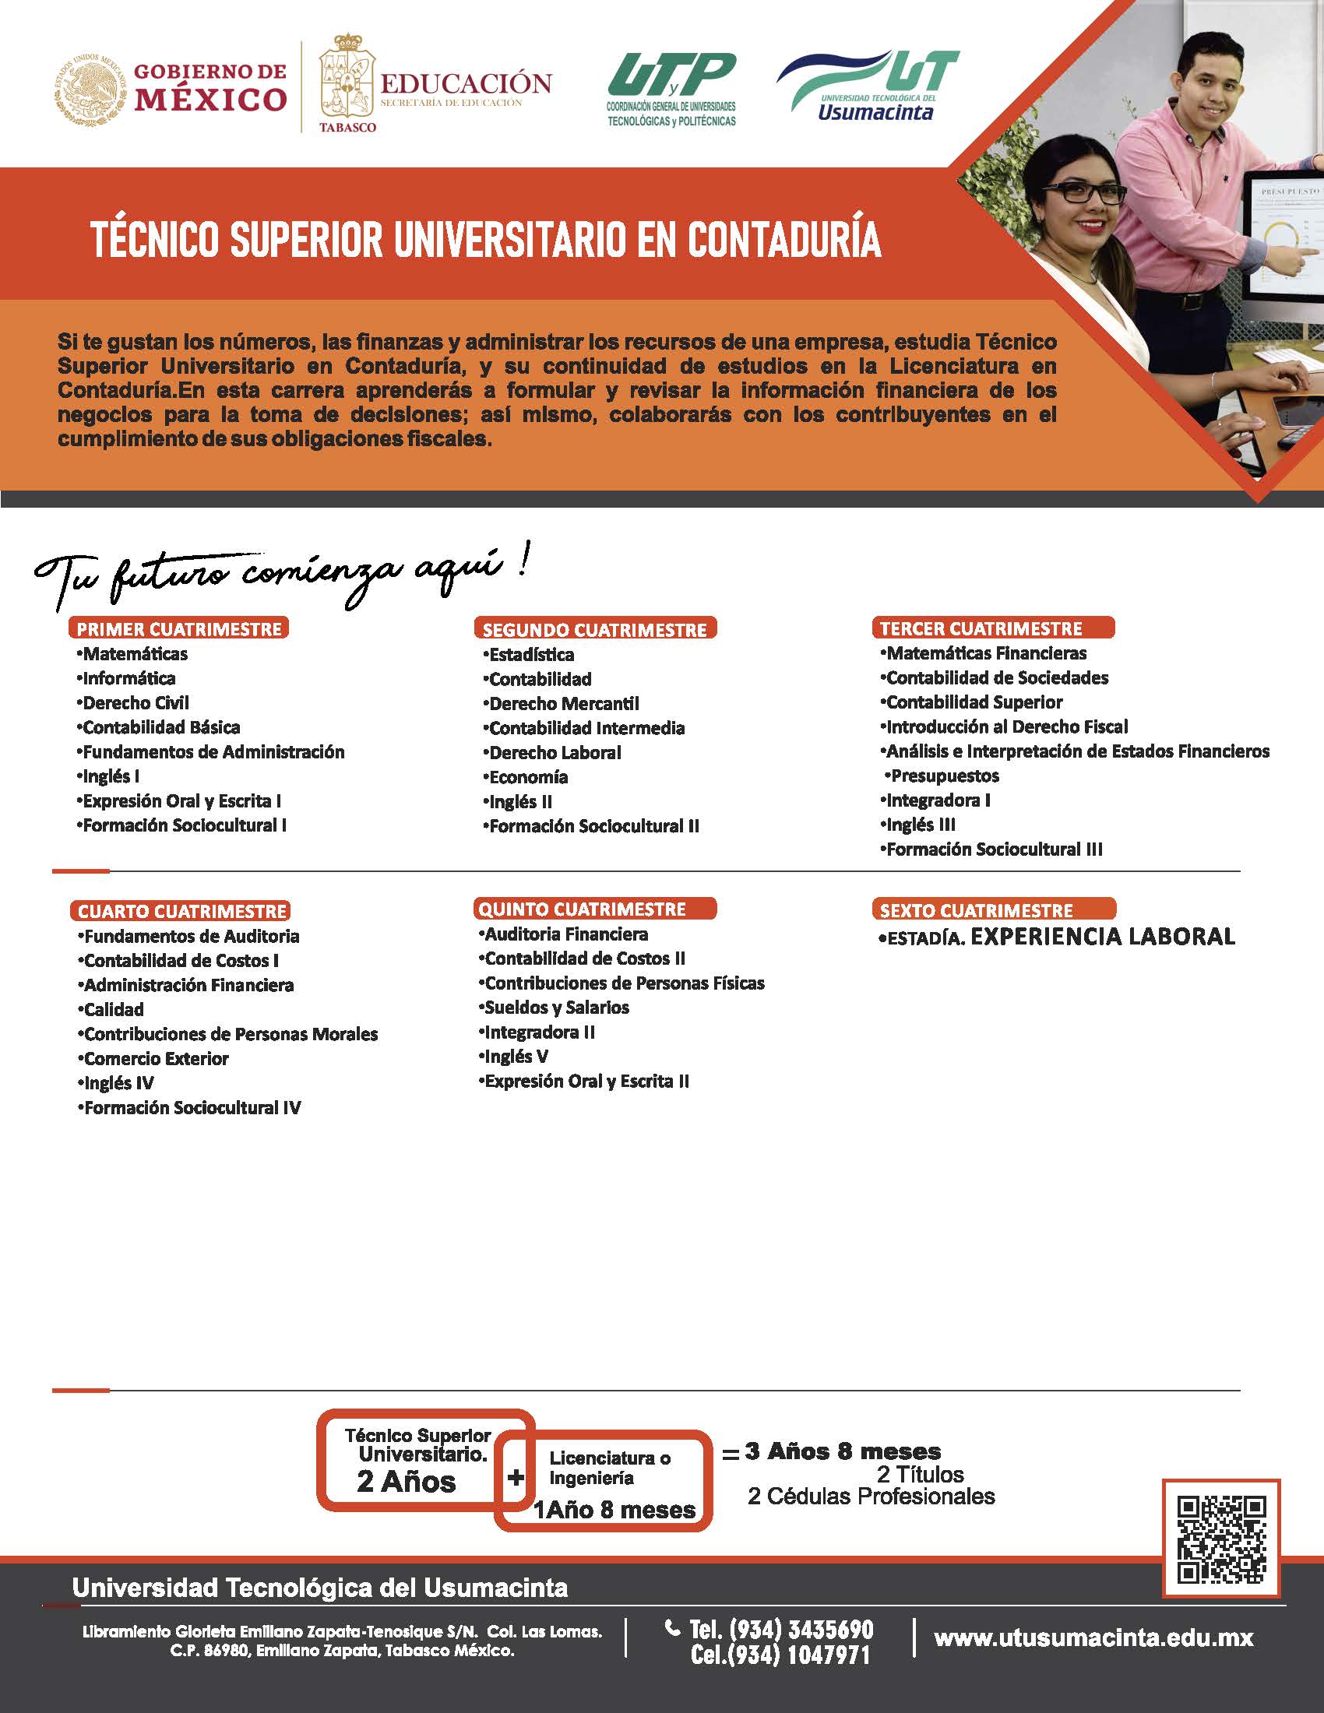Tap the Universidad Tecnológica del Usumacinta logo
[868, 86]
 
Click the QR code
[1221, 1539]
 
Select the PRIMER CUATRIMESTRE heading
[179, 629]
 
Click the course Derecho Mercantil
[564, 704]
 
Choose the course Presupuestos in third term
[945, 776]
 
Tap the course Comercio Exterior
[156, 1059]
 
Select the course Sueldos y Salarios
[557, 1007]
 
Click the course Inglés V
[516, 1057]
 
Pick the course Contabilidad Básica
[161, 727]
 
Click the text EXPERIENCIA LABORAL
[1103, 937]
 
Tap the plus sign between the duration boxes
[516, 1478]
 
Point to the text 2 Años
[406, 1482]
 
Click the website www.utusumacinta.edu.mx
[1093, 1638]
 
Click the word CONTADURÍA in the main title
[784, 239]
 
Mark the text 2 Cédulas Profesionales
[871, 1497]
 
